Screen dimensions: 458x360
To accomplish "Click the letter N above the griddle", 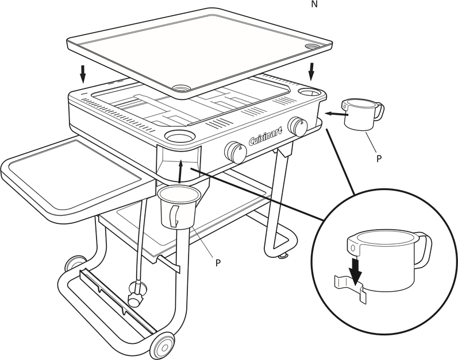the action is click(x=314, y=5).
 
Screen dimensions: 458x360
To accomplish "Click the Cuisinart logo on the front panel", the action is click(x=265, y=136).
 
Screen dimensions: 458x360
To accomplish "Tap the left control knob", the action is click(x=236, y=152).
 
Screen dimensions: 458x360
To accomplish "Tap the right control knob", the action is click(x=297, y=127).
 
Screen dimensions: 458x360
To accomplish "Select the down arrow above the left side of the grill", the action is click(x=83, y=74).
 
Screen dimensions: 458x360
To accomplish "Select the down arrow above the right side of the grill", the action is click(x=311, y=71).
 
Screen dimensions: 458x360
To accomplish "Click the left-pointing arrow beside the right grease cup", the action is click(x=337, y=114).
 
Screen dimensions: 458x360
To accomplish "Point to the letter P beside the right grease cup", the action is click(x=379, y=158).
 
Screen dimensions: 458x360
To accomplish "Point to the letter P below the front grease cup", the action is click(x=218, y=263).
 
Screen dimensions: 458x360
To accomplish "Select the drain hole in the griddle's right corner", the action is click(x=312, y=46).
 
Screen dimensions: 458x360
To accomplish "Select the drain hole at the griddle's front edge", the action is click(x=181, y=87).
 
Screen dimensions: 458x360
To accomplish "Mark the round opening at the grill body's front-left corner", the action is click(x=179, y=136).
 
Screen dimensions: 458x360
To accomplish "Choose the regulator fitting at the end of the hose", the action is click(x=136, y=294).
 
